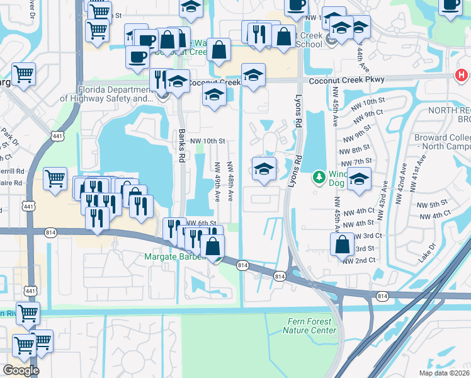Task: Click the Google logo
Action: click(x=21, y=370)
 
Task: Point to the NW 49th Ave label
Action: click(x=217, y=181)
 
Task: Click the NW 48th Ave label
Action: click(x=230, y=181)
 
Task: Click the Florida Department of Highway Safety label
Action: click(x=107, y=94)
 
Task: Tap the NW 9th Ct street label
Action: click(x=368, y=117)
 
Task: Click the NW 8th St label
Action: click(x=361, y=149)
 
